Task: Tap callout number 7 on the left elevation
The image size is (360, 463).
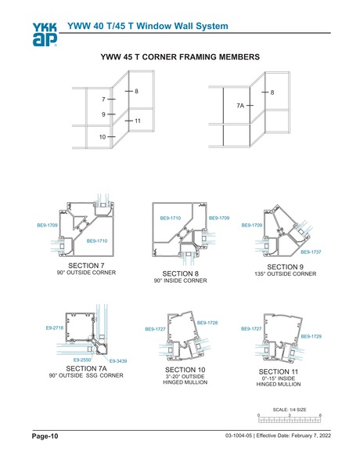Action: coord(103,100)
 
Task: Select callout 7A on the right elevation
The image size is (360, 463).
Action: coord(241,105)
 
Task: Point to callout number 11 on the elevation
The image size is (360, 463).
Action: coord(137,121)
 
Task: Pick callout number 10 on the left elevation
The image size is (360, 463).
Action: coord(103,137)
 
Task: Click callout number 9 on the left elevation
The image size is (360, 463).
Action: coord(103,115)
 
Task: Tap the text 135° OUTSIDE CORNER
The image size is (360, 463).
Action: coord(285,274)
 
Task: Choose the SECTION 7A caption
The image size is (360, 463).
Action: coord(85,367)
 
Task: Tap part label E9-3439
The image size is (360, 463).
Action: coord(118,360)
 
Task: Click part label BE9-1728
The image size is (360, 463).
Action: coord(207,323)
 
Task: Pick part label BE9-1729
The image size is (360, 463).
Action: coord(311,336)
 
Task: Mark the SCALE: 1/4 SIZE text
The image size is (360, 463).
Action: coord(289,409)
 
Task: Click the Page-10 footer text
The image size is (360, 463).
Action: coord(45,435)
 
